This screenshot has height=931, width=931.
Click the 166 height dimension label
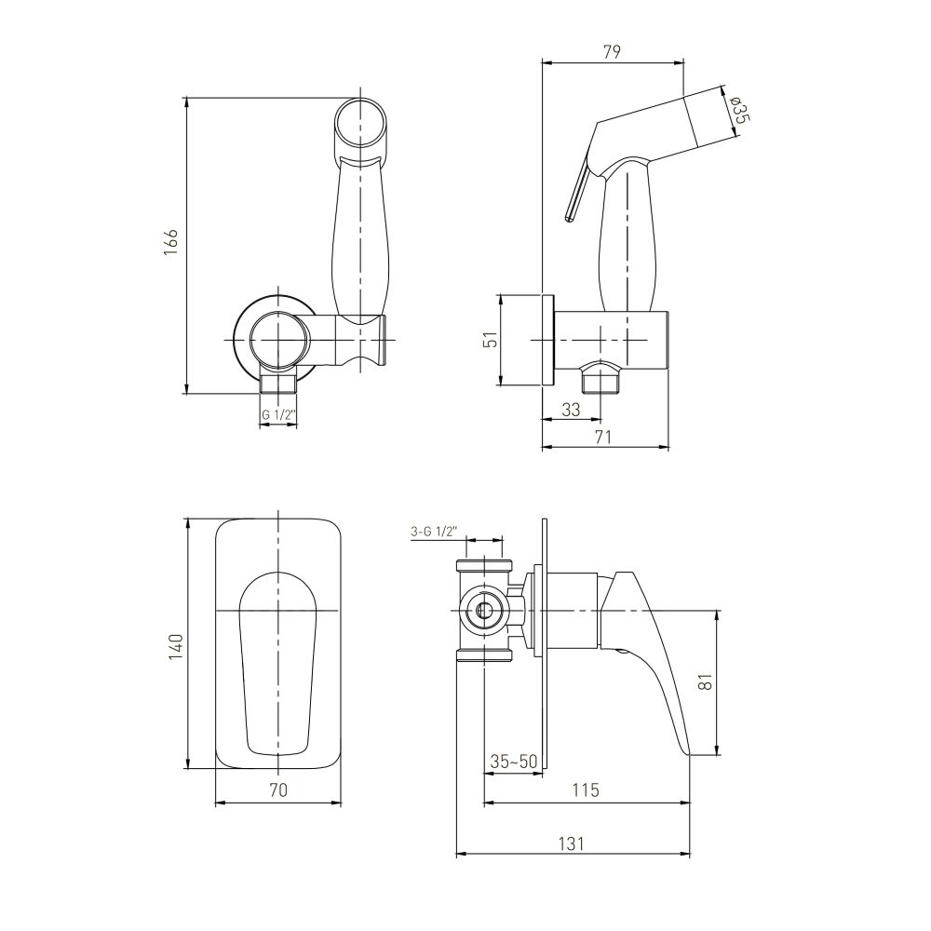point(171,241)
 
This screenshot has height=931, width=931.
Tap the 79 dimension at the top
point(612,51)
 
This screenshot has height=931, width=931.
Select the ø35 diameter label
point(739,110)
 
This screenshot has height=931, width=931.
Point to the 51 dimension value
point(491,340)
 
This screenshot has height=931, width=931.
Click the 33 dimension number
point(571,410)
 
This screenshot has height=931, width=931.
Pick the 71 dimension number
point(602,437)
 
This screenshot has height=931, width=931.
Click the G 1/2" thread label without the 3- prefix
point(278,415)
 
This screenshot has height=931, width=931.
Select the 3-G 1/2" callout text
point(433,532)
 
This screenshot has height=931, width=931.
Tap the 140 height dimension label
point(176,647)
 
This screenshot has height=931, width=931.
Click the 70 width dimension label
point(278,789)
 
